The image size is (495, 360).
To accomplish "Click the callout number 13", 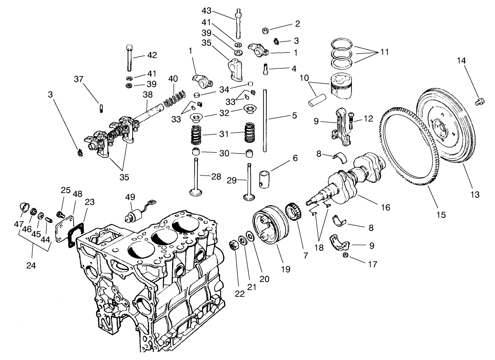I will [x=475, y=194].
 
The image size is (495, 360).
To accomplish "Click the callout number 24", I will [x=30, y=265].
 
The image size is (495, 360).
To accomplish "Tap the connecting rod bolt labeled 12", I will [x=351, y=119].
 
